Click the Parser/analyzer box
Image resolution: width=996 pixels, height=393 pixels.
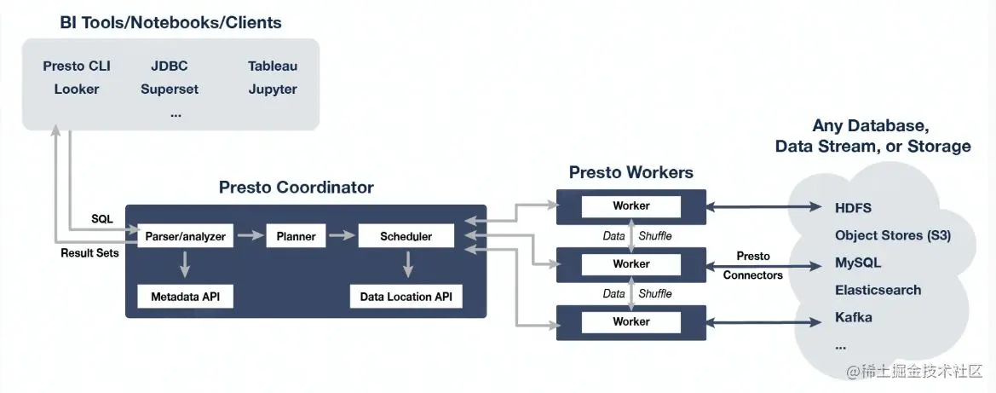186,236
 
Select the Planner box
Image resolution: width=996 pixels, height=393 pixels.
296,236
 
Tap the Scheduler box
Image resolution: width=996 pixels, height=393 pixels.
406,236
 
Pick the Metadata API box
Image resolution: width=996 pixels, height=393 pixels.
185,297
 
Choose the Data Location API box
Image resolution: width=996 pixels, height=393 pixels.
406,297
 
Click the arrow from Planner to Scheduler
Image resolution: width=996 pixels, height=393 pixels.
342,236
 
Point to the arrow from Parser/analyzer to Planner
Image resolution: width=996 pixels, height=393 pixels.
250,236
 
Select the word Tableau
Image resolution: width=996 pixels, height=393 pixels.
273,66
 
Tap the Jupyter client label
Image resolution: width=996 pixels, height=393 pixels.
273,90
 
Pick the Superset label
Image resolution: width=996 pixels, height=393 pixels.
170,90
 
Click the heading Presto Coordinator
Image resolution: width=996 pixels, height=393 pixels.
296,188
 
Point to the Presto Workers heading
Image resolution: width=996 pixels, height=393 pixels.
630,172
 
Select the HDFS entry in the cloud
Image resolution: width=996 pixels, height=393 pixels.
853,208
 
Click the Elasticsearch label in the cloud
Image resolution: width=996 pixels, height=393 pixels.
878,290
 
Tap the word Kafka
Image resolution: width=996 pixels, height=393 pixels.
854,317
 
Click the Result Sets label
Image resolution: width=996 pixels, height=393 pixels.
89,253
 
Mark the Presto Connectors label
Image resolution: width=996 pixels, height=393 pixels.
752,266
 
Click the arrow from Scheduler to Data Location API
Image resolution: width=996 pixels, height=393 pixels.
408,264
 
